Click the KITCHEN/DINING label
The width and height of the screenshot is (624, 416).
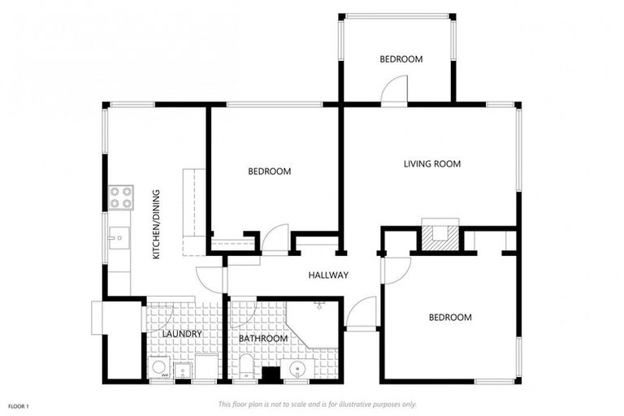coord(157,224)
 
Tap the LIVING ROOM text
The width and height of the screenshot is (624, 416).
coord(432,164)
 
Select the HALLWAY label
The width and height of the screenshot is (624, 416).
coord(328,275)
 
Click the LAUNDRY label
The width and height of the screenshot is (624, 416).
coord(181,334)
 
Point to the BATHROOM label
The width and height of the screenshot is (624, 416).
coord(262,338)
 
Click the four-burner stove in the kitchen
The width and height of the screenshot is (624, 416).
coord(120,197)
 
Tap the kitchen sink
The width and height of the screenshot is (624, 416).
coord(119,238)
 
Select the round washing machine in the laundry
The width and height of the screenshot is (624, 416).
coord(159,367)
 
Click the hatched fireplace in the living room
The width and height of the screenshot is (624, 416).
coord(440,236)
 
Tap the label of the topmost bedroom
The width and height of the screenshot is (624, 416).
coord(401,59)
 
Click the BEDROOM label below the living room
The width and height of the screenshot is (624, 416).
coord(450,317)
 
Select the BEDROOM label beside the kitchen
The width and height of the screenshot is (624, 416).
coord(270,171)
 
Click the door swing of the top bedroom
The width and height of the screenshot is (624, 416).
coord(395,90)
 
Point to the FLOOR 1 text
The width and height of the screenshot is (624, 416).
coord(19,405)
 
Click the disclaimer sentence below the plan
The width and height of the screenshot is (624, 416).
coord(318,404)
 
